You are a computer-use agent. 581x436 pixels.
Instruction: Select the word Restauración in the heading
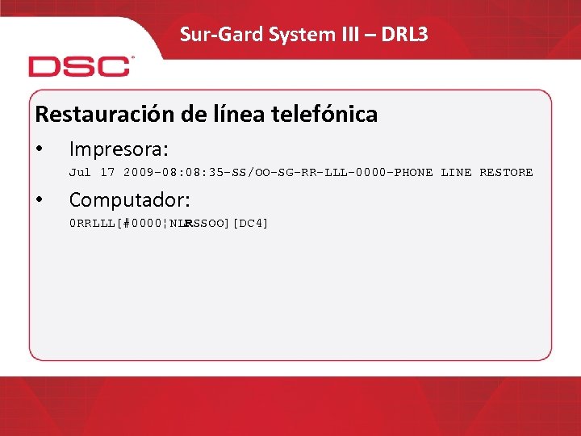tap(101, 115)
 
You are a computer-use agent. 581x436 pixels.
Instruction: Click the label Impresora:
tap(119, 149)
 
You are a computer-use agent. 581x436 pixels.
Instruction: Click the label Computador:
tap(129, 199)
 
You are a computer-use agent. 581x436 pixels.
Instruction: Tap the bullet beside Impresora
tap(40, 150)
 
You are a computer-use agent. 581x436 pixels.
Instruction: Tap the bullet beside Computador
tap(40, 200)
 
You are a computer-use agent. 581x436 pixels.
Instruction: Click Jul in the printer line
tap(80, 172)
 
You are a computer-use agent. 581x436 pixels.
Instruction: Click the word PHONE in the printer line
tap(414, 172)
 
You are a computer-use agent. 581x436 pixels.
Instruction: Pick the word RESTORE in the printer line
tap(506, 172)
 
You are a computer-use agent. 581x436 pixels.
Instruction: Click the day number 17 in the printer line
tap(107, 172)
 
